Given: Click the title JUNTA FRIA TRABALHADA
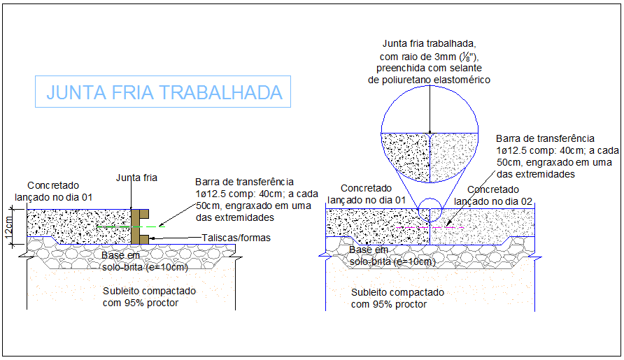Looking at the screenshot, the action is pos(164,92).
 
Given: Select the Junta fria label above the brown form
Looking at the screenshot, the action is pos(136,178).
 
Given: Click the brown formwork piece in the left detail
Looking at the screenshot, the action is pos(138,226).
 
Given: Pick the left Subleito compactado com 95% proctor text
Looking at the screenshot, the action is pos(149,296).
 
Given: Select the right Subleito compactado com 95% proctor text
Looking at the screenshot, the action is pos(397,298).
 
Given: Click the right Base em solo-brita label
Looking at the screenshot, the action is pos(392,256).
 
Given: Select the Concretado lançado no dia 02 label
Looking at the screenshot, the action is pos(493,195).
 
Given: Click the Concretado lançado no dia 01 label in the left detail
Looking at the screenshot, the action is pos(59,191).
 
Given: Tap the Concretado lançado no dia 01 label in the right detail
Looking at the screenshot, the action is pos(367,194).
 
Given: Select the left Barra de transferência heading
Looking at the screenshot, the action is pos(244,182).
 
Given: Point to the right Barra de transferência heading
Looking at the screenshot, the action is pos(545,138).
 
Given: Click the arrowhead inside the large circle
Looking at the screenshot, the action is pos(430,129).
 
